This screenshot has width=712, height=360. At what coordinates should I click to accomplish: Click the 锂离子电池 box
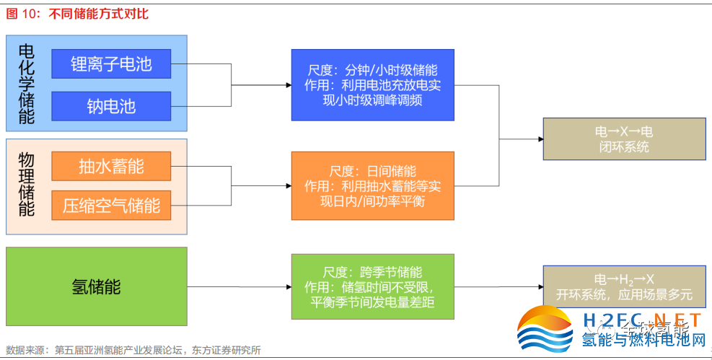pyautogui.click(x=111, y=64)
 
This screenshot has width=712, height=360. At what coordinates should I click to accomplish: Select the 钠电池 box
pyautogui.click(x=111, y=106)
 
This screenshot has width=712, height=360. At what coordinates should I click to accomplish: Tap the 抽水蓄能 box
pyautogui.click(x=111, y=166)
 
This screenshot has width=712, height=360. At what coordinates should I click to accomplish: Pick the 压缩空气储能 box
pyautogui.click(x=111, y=206)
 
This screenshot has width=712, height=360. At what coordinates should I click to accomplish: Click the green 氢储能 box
pyautogui.click(x=96, y=286)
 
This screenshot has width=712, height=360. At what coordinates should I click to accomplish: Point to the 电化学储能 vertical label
pyautogui.click(x=26, y=84)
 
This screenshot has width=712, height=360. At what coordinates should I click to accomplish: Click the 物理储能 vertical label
pyautogui.click(x=26, y=186)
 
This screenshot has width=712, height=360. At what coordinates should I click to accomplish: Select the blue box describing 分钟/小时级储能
pyautogui.click(x=372, y=84)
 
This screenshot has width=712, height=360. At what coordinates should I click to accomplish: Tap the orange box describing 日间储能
pyautogui.click(x=372, y=185)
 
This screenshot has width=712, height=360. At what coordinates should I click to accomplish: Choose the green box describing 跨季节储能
pyautogui.click(x=372, y=286)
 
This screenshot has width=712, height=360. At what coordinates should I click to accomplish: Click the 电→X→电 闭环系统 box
pyautogui.click(x=624, y=139)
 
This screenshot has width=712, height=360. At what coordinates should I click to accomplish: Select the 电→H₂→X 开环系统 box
pyautogui.click(x=624, y=286)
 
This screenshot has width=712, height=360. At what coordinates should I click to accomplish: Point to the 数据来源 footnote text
pyautogui.click(x=133, y=350)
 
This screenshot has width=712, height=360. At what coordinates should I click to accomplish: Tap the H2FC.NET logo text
pyautogui.click(x=641, y=320)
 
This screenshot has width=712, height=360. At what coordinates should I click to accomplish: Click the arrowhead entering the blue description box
pyautogui.click(x=287, y=84)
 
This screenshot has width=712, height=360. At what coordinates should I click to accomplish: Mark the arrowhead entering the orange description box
pyautogui.click(x=287, y=185)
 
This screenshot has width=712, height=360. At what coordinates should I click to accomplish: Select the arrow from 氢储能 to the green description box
pyautogui.click(x=238, y=286)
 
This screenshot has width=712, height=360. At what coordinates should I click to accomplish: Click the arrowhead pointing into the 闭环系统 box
pyautogui.click(x=539, y=139)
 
